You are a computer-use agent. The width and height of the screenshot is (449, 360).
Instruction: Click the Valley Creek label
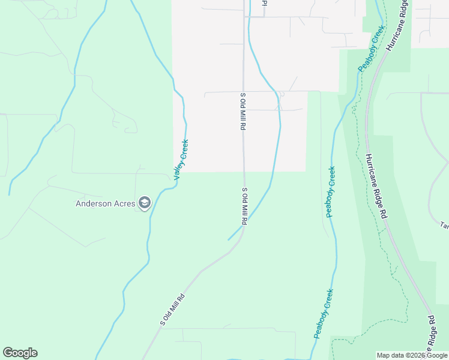coord(181,160)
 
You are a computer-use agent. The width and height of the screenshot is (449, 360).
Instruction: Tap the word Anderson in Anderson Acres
coord(94,203)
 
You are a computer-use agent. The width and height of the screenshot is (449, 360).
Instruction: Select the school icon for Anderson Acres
coord(144,203)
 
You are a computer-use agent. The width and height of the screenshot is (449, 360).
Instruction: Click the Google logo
coord(20,353)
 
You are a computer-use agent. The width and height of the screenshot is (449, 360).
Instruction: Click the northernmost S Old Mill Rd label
coord(244,112)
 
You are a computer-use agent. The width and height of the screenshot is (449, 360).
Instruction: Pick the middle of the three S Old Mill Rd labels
coord(244,206)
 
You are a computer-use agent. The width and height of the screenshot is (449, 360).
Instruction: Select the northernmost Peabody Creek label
coord(370,52)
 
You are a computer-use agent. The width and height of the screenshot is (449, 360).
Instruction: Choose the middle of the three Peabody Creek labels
coord(331,191)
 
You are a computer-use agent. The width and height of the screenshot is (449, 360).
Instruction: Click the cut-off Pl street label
coord(263,3)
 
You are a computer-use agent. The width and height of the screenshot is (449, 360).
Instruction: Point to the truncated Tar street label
coord(444,226)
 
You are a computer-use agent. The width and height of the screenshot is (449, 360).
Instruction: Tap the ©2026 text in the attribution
coord(412,355)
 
